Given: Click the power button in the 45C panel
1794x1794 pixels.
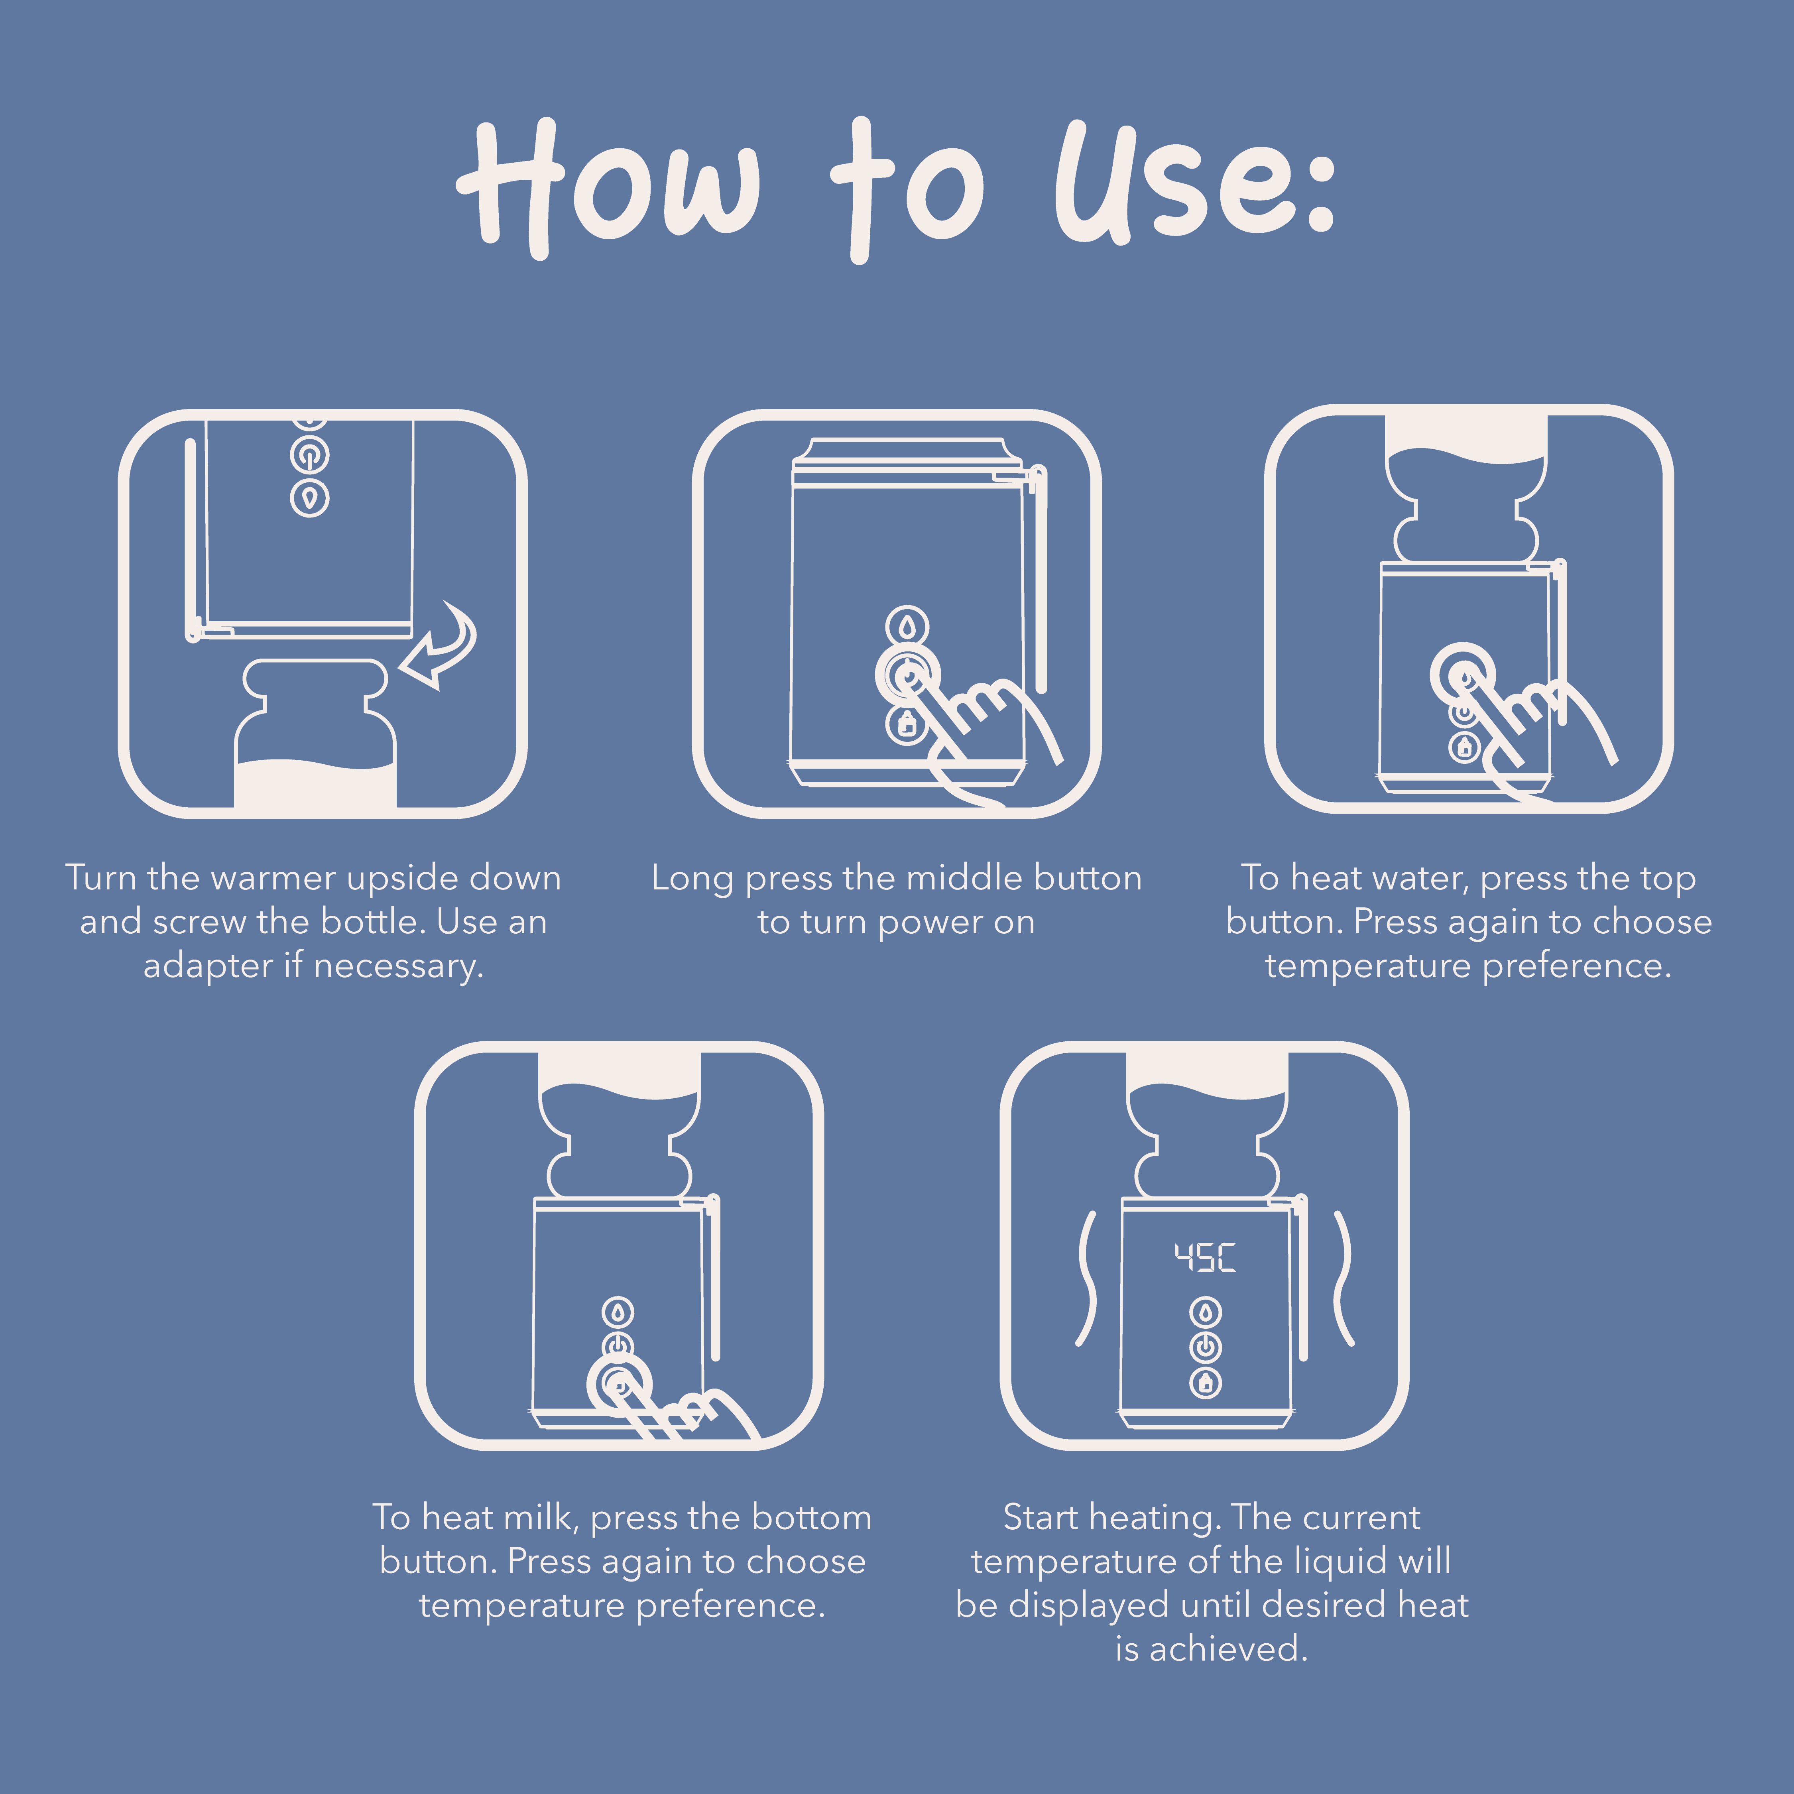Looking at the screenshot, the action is coord(1205,1347).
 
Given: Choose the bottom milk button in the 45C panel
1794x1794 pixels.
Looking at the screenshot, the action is coord(1205,1383).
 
